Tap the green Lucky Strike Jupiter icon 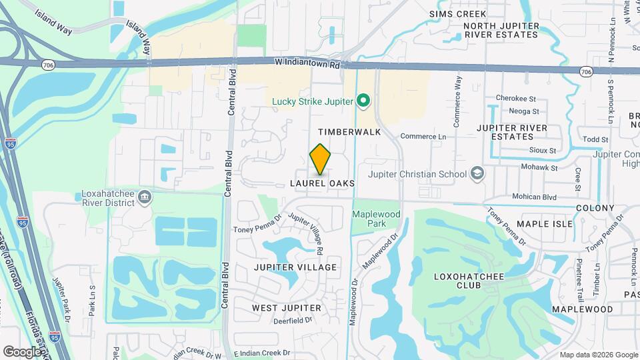point(363,101)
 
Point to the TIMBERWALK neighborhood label point(349,132)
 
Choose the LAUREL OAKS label point(322,183)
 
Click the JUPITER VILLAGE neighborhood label point(295,267)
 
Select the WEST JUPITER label point(283,308)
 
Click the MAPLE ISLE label point(545,224)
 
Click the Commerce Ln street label point(423,137)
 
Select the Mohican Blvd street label point(534,197)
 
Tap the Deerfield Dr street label point(293,321)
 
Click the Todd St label point(595,139)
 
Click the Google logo point(22,351)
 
